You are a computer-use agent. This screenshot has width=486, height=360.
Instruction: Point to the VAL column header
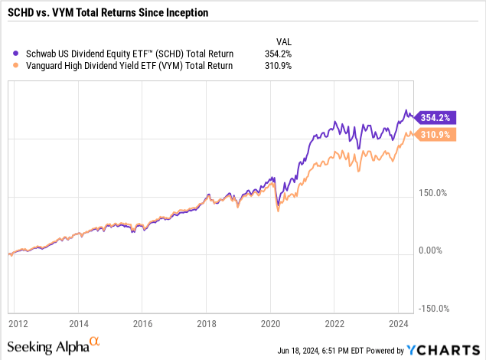tap(284, 41)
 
